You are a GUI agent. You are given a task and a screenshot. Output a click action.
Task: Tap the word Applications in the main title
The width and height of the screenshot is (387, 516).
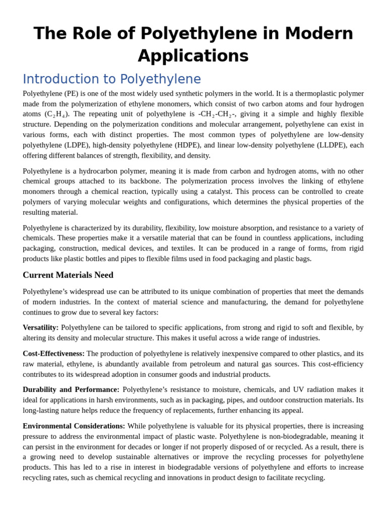click(193, 56)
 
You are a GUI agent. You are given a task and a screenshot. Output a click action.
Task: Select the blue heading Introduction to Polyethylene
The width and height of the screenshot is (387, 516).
click(112, 79)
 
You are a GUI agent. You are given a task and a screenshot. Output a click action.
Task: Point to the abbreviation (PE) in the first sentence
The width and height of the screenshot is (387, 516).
click(71, 93)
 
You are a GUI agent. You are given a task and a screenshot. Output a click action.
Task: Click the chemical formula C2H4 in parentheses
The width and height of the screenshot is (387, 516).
click(56, 114)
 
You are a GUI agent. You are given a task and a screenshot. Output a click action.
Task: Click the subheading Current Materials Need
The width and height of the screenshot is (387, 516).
click(68, 275)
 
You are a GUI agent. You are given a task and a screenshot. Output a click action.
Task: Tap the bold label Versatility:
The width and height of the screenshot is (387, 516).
click(41, 328)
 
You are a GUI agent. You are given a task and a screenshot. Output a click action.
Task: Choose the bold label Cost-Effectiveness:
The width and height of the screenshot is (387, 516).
click(54, 354)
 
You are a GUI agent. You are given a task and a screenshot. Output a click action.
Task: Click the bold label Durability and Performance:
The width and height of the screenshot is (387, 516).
click(71, 390)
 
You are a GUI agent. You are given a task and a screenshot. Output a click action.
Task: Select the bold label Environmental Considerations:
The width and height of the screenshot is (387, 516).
click(74, 426)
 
